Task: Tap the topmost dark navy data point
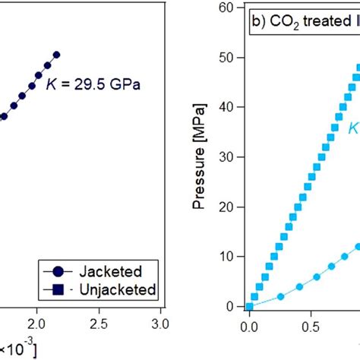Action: [56, 55]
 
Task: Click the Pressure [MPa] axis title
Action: [201, 155]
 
